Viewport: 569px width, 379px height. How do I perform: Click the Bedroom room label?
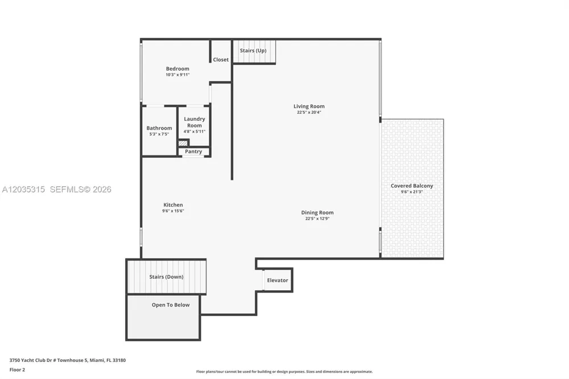(x=178, y=69)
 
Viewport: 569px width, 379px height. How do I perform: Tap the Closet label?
(x=221, y=60)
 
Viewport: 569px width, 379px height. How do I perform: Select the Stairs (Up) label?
(x=253, y=51)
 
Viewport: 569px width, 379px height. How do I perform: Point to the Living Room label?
(x=309, y=106)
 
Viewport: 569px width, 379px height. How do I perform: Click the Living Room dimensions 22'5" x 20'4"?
(x=309, y=112)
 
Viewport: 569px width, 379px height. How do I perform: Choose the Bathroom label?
(x=159, y=128)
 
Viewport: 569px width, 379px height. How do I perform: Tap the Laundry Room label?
(x=195, y=122)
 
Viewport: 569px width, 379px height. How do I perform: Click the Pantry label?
(x=193, y=151)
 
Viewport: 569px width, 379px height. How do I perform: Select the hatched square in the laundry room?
(x=183, y=143)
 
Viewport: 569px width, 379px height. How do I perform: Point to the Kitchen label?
(x=173, y=205)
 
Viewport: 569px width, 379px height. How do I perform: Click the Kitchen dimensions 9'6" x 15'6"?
(x=173, y=211)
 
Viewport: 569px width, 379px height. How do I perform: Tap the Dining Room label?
(x=317, y=212)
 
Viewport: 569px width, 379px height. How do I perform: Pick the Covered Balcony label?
(x=412, y=186)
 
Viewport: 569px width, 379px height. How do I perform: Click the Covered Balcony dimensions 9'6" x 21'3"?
(x=412, y=192)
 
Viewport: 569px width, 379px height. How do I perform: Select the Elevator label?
(x=278, y=280)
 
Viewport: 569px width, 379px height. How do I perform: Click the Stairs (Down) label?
(x=166, y=277)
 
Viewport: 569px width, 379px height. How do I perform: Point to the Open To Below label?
(x=171, y=305)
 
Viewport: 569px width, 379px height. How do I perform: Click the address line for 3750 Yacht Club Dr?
(x=68, y=360)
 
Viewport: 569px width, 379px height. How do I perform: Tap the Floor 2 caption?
(x=17, y=370)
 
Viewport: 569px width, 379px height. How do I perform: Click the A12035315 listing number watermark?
(x=23, y=189)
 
